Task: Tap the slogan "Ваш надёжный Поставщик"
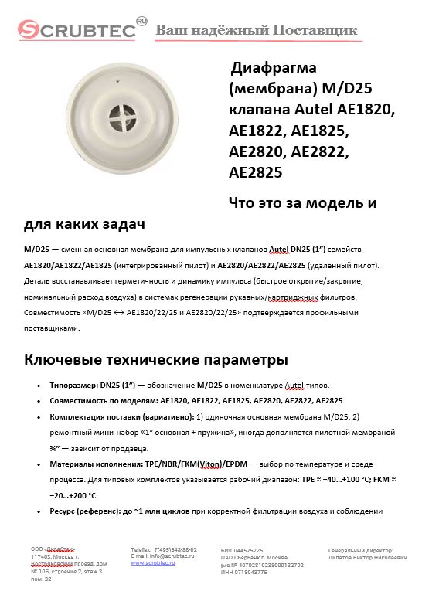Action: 257,30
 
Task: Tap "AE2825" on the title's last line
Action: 256,171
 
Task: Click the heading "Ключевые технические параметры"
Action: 156,359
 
